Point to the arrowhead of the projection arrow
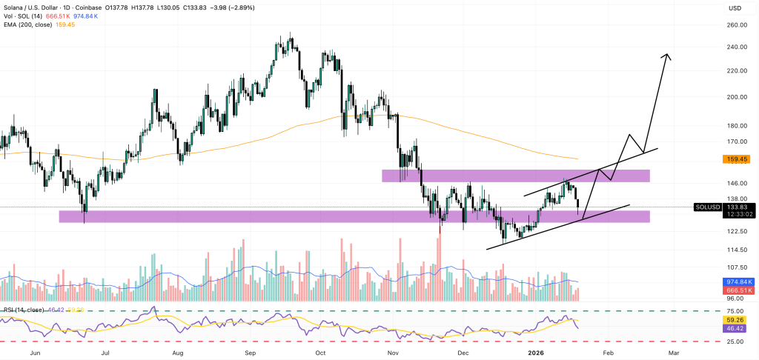point(668,55)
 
